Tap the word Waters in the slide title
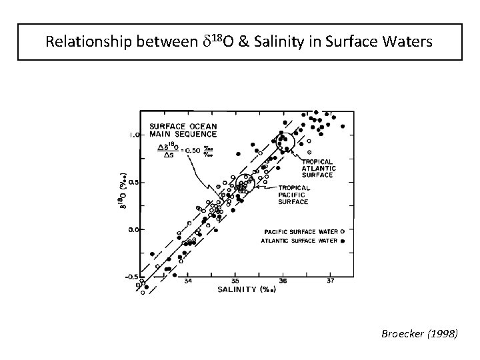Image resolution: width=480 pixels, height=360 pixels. (408, 42)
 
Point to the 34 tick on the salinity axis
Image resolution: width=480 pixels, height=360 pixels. (188, 281)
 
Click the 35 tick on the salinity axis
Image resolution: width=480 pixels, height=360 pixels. (235, 281)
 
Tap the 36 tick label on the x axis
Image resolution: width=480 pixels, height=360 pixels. (283, 281)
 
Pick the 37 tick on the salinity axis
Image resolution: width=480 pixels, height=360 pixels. (331, 281)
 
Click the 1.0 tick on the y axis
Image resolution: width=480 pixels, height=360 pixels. (133, 135)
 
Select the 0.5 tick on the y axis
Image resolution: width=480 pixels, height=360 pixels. (133, 182)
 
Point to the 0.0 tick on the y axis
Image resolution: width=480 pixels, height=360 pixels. (133, 229)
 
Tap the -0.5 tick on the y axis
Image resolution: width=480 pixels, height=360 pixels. (132, 277)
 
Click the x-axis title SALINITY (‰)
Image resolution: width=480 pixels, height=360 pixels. (243, 289)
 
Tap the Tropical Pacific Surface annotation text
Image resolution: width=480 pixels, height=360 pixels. (293, 195)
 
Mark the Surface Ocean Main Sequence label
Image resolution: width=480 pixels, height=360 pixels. (179, 131)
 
